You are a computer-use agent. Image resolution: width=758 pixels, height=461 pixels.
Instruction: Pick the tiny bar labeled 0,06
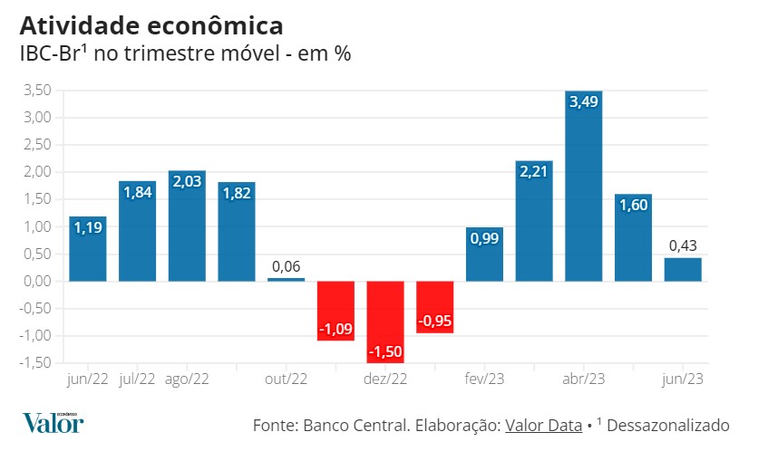pyautogui.click(x=287, y=279)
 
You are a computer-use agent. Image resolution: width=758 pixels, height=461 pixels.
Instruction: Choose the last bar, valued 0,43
pyautogui.click(x=682, y=269)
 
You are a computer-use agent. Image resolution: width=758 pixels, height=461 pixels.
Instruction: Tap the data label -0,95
pyautogui.click(x=434, y=321)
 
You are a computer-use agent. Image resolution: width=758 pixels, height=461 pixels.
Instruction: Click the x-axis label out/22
pyautogui.click(x=287, y=379)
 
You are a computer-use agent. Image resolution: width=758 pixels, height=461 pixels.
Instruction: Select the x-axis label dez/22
pyautogui.click(x=385, y=379)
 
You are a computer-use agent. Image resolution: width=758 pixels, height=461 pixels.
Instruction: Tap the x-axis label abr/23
pyautogui.click(x=583, y=379)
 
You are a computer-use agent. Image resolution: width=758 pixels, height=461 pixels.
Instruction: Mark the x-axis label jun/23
pyautogui.click(x=682, y=379)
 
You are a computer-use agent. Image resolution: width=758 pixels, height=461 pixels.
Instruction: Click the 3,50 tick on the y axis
pyautogui.click(x=36, y=91)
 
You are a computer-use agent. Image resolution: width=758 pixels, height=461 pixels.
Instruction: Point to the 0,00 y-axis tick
pyautogui.click(x=36, y=281)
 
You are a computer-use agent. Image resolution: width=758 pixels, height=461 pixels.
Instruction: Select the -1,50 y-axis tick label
pyautogui.click(x=34, y=362)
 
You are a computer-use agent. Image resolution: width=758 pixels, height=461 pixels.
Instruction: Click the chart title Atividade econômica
pyautogui.click(x=151, y=24)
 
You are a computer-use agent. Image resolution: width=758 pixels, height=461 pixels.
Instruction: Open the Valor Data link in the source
pyautogui.click(x=543, y=425)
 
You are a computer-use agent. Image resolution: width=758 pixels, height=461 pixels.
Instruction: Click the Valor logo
pyautogui.click(x=53, y=422)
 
